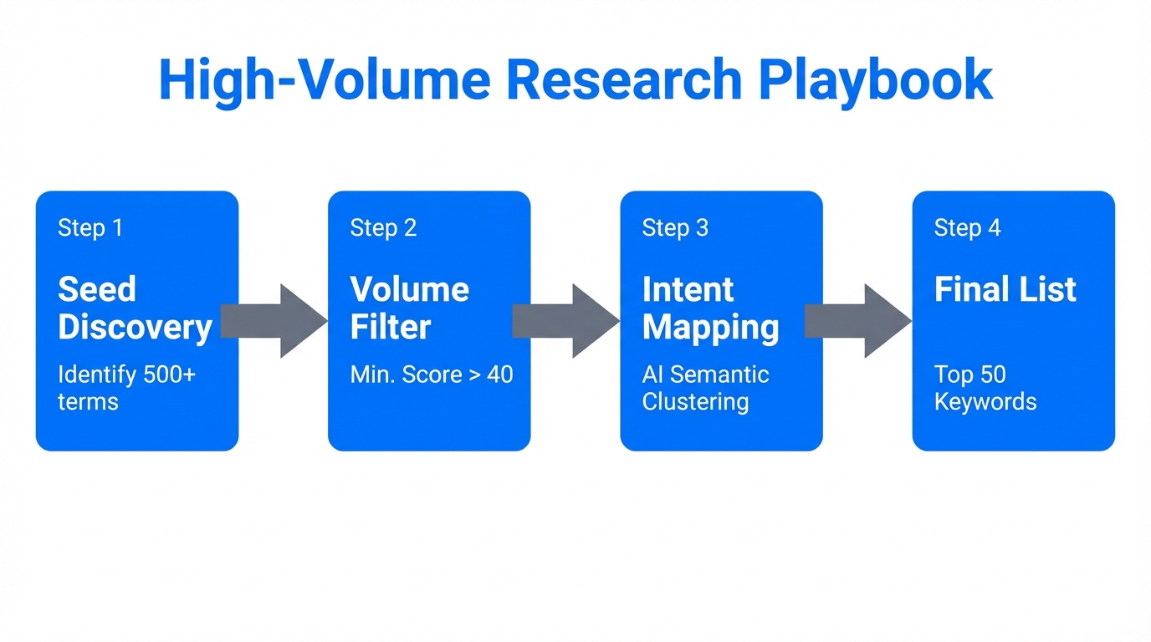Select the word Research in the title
[x=624, y=80]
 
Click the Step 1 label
[x=90, y=227]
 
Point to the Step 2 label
[x=383, y=227]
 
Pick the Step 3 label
[x=675, y=227]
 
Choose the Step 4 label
[x=967, y=227]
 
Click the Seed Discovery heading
[x=134, y=308]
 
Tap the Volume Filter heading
[x=409, y=308]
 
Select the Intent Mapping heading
[x=710, y=308]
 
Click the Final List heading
[x=1005, y=289]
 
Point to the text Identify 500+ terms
[x=126, y=388]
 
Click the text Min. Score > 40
[x=432, y=374]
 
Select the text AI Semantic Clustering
[x=705, y=388]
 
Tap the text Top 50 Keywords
[x=985, y=388]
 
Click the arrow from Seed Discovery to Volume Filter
[x=276, y=321]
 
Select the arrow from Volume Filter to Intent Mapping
[x=568, y=321]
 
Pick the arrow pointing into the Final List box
[x=860, y=321]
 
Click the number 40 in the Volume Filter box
[x=499, y=374]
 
